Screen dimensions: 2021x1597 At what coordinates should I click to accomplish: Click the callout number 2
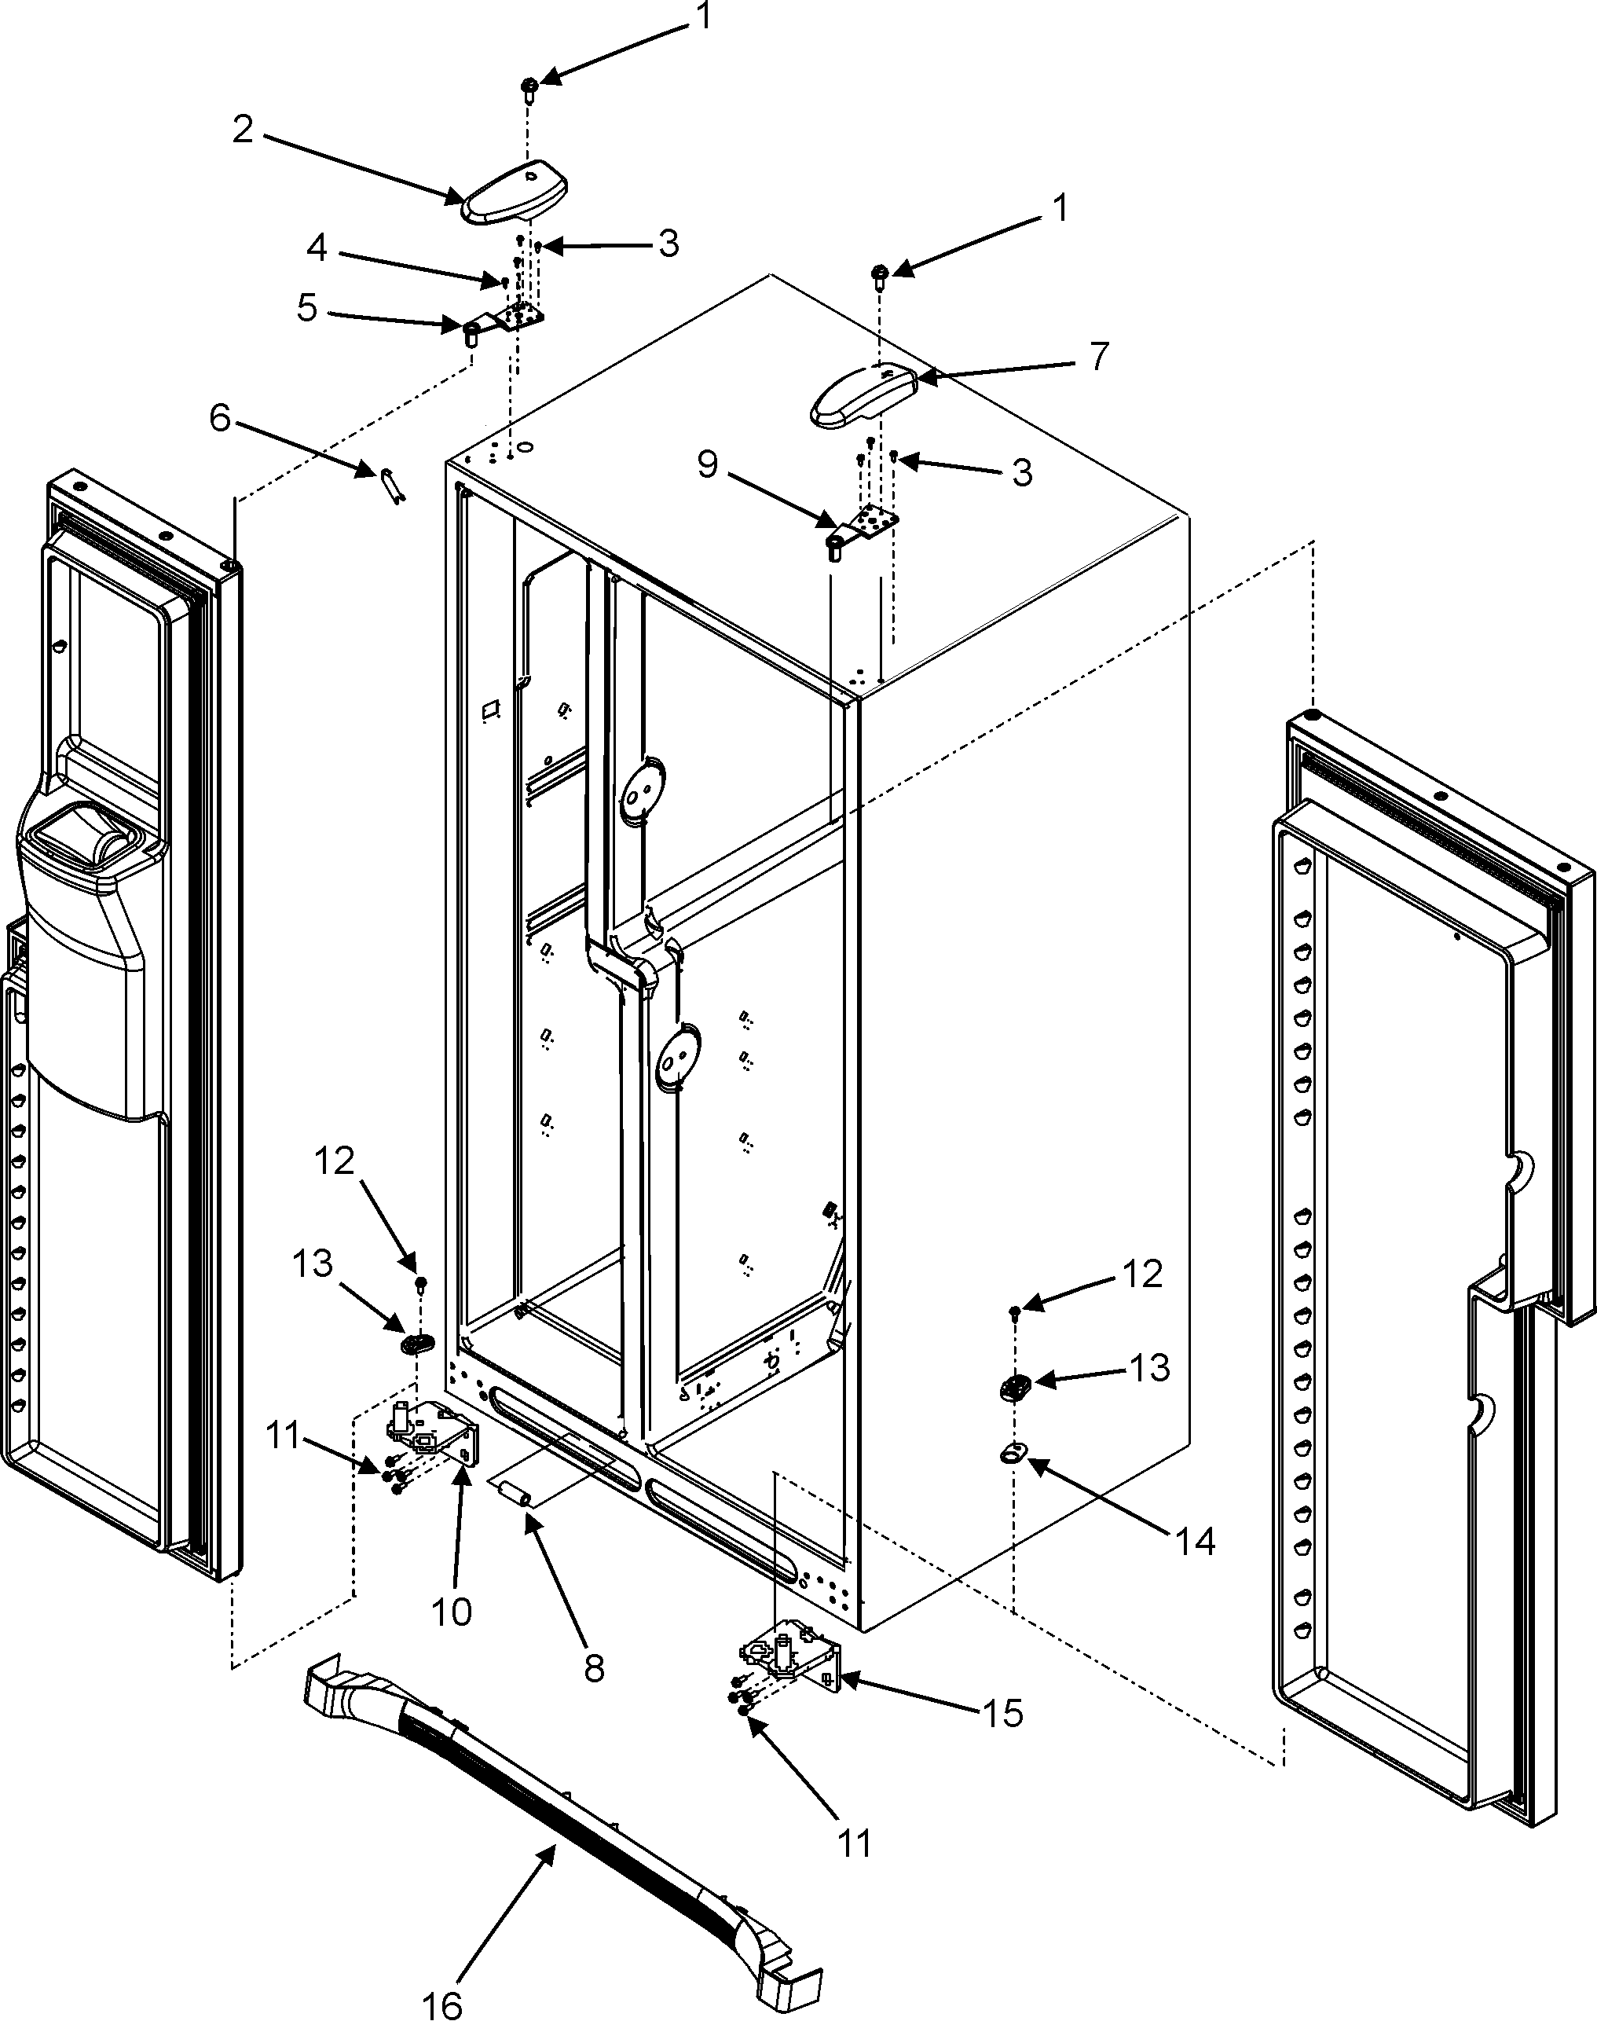243,130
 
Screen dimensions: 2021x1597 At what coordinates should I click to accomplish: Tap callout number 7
1099,356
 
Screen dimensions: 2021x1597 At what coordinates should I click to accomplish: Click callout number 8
595,1667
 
